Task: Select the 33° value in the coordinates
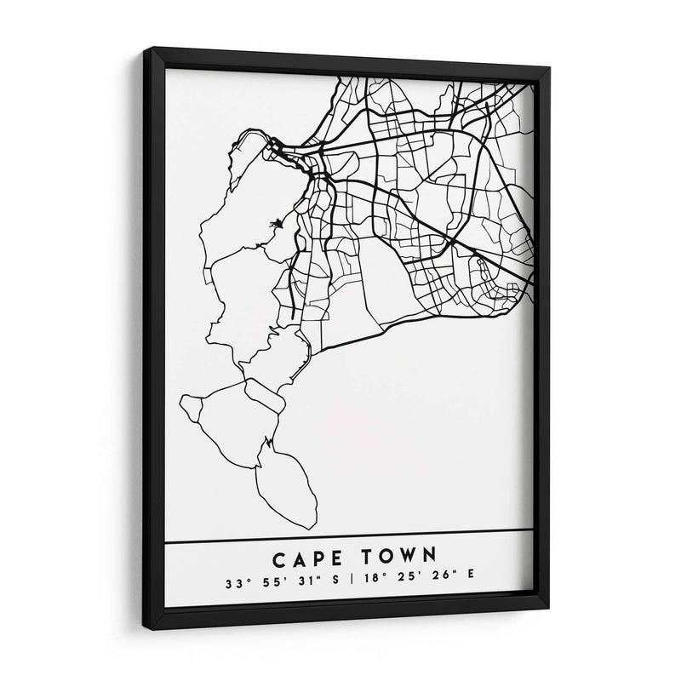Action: pyautogui.click(x=234, y=584)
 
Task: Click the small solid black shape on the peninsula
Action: pyautogui.click(x=276, y=226)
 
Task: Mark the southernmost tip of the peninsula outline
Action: pyautogui.click(x=313, y=528)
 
